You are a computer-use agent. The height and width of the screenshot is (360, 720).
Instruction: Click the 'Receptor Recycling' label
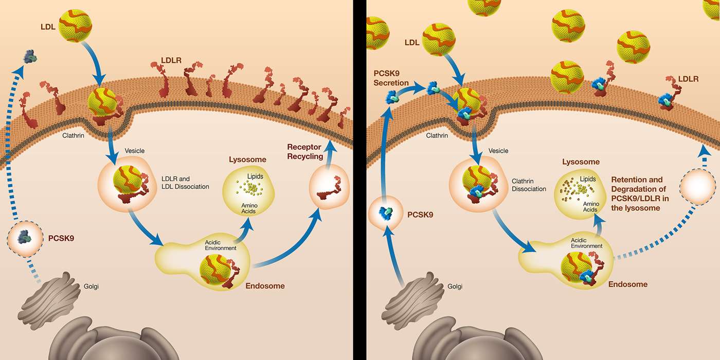point(305,152)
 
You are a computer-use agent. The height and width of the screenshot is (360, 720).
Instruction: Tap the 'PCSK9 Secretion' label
point(390,78)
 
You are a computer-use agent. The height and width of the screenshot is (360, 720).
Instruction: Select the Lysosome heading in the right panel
point(581,162)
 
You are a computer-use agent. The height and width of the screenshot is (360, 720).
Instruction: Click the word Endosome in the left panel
point(265,286)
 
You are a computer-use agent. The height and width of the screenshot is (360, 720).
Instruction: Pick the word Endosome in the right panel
point(627,284)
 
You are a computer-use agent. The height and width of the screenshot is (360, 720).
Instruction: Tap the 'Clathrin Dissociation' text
point(529,185)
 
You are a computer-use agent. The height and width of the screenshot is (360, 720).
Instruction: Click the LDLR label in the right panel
point(688,79)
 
